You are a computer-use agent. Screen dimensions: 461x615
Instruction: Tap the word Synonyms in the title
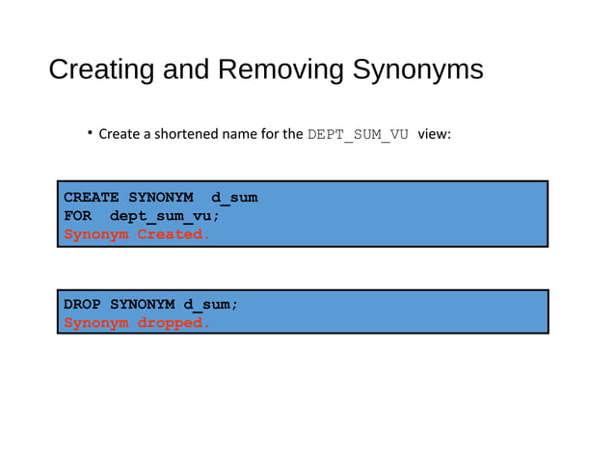click(417, 70)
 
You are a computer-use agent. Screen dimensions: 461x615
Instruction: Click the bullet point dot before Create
click(90, 132)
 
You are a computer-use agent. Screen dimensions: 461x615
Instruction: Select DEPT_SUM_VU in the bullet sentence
click(359, 134)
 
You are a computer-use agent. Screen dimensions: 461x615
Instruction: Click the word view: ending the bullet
click(434, 134)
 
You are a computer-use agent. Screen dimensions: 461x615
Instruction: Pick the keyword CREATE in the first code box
click(91, 198)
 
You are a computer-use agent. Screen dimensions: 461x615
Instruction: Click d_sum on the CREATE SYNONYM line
click(234, 198)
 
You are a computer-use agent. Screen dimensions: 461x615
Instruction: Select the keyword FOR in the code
click(77, 216)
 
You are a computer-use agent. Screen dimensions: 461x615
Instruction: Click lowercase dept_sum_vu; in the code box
click(165, 216)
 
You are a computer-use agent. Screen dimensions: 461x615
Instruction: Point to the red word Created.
click(174, 234)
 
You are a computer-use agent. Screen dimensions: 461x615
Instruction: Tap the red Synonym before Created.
click(95, 234)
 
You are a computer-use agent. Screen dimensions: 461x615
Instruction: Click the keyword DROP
click(82, 305)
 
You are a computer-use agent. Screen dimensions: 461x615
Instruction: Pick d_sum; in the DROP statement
click(211, 305)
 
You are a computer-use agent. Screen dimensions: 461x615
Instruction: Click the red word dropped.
click(174, 323)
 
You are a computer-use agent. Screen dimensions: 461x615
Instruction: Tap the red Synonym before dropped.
click(95, 323)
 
